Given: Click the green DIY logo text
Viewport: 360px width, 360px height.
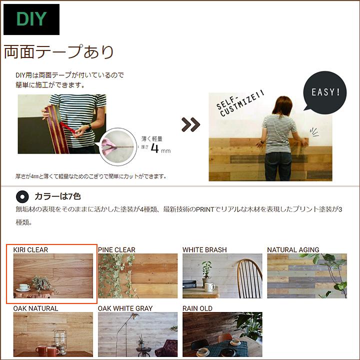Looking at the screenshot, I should tap(31, 19).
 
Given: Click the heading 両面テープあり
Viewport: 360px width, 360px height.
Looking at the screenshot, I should tap(59, 51).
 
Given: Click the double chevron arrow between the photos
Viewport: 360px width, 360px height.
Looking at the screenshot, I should tap(190, 125).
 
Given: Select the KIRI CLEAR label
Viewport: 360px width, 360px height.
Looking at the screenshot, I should tap(30, 249).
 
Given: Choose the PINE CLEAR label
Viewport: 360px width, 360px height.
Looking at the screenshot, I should tap(116, 249).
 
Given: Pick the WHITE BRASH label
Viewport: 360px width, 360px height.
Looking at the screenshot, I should tap(204, 249).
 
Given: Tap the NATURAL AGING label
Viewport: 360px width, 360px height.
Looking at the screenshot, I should tap(293, 249).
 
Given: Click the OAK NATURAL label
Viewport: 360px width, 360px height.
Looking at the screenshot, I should tap(35, 308).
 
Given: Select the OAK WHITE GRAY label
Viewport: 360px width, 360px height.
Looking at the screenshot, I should tap(125, 308).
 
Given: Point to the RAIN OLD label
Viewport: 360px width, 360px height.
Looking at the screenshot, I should tap(197, 308).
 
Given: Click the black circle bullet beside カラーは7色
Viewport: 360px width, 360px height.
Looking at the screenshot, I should tap(22, 196).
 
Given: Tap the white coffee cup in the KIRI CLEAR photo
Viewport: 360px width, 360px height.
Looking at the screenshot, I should tap(23, 287).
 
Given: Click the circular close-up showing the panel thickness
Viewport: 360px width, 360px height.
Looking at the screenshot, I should tap(119, 146).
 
